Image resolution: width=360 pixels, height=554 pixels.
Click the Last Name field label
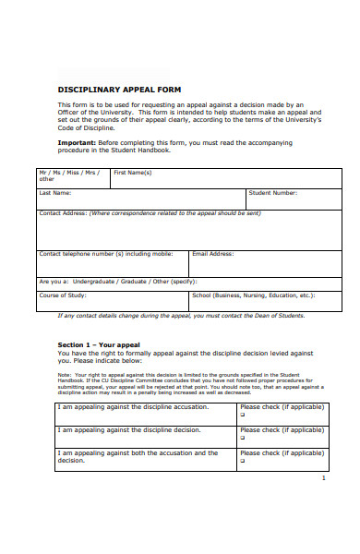click(x=54, y=193)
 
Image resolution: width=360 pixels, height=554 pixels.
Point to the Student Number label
click(x=272, y=193)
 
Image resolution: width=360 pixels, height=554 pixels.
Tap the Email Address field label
click(x=212, y=253)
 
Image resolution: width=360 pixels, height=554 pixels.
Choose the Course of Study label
click(x=63, y=295)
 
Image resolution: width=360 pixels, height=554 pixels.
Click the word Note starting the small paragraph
click(x=64, y=375)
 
